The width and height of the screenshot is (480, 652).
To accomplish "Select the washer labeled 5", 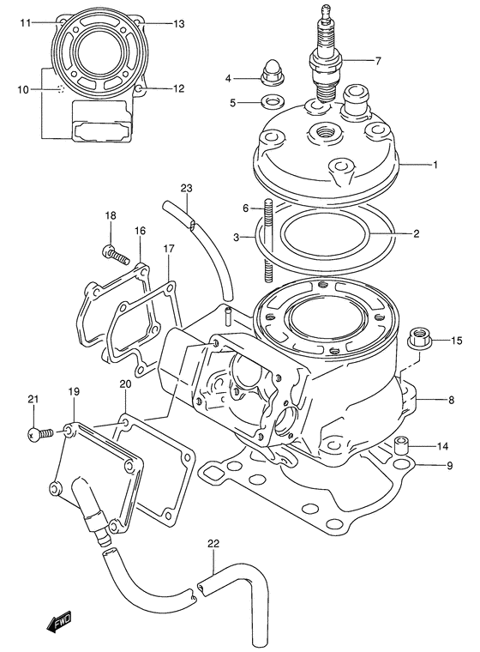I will tap(272, 104).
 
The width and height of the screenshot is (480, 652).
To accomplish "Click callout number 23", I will tap(187, 188).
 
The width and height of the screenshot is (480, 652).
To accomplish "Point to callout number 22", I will tap(213, 543).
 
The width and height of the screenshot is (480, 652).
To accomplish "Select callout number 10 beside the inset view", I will tap(23, 89).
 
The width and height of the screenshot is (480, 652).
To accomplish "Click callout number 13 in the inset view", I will tap(178, 24).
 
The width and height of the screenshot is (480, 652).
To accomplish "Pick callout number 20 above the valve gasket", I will tap(125, 383).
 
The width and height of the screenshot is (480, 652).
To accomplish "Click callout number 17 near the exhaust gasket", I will tap(169, 249).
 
